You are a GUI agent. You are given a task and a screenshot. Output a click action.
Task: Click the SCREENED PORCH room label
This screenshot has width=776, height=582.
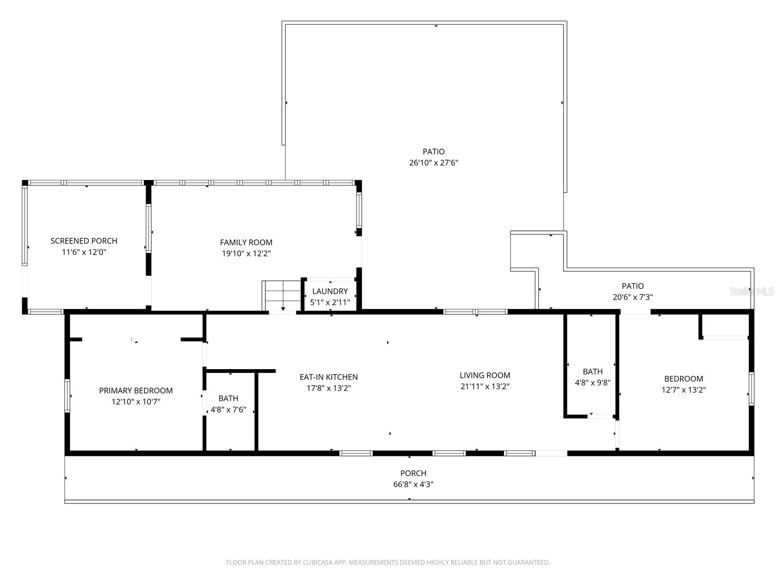tap(84, 241)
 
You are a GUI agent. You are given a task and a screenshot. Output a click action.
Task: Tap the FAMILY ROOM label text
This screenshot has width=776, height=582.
tap(246, 242)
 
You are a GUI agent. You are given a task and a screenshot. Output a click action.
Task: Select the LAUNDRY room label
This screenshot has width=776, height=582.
tap(330, 291)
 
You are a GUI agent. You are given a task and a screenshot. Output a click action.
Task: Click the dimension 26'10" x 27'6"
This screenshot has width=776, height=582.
tap(434, 163)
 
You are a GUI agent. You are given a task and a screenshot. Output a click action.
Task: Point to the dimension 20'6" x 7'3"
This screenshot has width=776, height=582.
tap(632, 297)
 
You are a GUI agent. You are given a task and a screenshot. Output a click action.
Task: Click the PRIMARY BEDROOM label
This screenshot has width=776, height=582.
tap(136, 390)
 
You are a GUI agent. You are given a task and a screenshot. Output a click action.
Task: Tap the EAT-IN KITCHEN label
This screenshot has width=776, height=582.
tap(328, 377)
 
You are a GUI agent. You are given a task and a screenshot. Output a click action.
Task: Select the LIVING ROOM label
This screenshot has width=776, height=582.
tap(485, 375)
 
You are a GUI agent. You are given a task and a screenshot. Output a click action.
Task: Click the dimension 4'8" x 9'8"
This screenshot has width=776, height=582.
tap(592, 382)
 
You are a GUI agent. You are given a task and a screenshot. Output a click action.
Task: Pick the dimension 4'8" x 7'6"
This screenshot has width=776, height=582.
tap(228, 410)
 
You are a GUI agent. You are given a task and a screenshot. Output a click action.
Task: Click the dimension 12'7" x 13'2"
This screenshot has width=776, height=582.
tap(683, 390)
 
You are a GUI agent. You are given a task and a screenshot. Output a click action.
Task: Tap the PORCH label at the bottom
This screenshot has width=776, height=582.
tap(413, 473)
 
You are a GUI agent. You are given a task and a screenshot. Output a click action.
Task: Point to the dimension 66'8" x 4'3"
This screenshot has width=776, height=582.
tap(413, 484)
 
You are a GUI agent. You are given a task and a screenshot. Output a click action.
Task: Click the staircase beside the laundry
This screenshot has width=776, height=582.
tap(282, 295)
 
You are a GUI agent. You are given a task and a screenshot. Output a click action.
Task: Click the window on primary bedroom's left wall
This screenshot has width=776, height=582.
tap(67, 395)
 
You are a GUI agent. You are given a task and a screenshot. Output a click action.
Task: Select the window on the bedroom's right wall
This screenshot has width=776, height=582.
tap(751, 388)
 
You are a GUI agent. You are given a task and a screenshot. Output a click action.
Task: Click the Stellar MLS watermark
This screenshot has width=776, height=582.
tap(752, 291)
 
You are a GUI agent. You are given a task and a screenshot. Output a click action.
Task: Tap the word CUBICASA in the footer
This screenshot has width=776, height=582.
tap(317, 563)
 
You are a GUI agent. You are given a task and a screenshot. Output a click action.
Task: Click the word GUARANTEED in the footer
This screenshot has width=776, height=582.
tap(529, 563)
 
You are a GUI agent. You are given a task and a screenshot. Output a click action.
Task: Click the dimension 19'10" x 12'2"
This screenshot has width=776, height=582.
tap(246, 254)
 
